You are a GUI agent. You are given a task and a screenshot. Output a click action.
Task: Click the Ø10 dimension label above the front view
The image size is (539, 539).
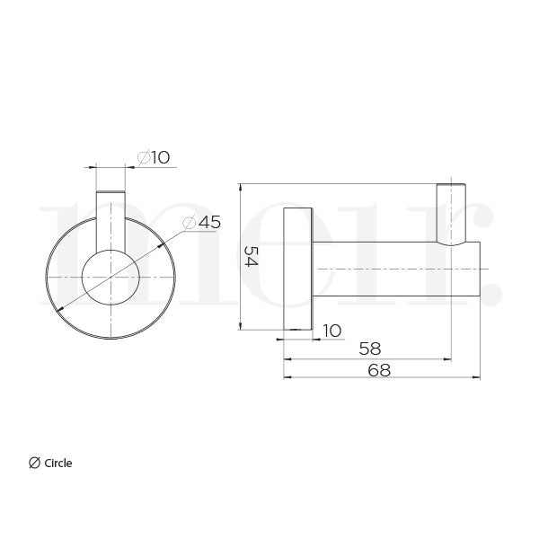pyautogui.click(x=154, y=158)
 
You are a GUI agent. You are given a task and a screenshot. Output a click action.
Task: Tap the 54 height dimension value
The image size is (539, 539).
pyautogui.click(x=253, y=257)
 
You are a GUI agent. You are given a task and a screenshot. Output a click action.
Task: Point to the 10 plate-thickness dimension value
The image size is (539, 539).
pyautogui.click(x=331, y=331)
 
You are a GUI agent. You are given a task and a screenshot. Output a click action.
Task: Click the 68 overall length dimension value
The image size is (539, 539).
pyautogui.click(x=379, y=369)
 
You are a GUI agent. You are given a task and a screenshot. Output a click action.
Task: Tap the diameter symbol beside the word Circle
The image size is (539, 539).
pyautogui.click(x=34, y=464)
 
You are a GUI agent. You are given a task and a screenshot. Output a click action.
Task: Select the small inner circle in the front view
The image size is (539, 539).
pyautogui.click(x=110, y=278)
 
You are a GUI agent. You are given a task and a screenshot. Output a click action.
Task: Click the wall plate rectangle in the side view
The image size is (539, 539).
pyautogui.click(x=298, y=269)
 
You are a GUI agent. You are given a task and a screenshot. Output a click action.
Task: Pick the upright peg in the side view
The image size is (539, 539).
pyautogui.click(x=451, y=214)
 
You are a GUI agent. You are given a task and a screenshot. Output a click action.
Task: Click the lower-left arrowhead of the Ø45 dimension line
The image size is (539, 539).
pyautogui.click(x=59, y=309)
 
